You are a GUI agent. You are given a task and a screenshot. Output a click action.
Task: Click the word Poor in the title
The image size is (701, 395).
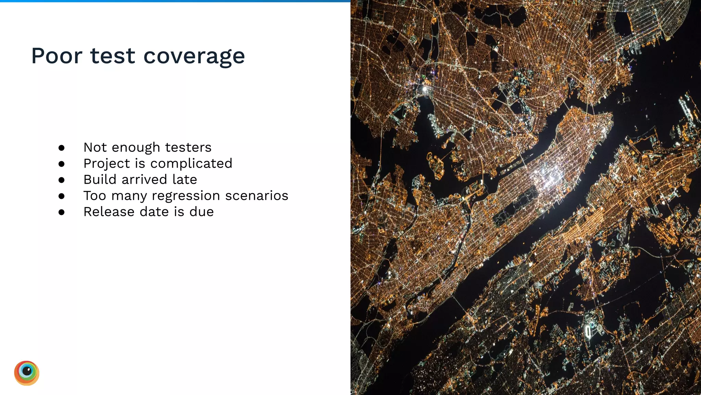click(57, 56)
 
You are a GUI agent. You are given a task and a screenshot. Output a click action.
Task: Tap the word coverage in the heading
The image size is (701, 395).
click(194, 57)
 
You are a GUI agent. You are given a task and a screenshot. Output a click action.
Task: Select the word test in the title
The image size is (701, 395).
click(113, 56)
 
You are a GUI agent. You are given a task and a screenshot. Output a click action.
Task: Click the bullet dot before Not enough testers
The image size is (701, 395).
click(62, 148)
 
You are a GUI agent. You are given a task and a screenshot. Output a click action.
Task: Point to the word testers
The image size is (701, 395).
click(188, 147)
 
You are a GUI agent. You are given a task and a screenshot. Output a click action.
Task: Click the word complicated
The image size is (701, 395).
click(191, 164)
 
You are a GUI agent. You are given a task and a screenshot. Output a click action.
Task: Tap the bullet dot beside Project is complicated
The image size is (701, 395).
click(62, 164)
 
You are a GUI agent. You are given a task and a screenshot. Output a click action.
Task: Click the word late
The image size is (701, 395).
click(185, 180)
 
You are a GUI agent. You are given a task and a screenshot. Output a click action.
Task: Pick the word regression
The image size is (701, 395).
click(186, 196)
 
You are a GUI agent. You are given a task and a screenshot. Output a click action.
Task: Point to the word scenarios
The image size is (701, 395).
click(257, 196)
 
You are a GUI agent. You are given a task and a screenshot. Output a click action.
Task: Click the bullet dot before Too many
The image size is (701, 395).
click(62, 196)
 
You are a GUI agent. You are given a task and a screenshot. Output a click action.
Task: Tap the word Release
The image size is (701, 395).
click(109, 212)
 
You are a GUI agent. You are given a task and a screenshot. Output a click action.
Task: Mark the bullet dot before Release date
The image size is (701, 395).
click(62, 212)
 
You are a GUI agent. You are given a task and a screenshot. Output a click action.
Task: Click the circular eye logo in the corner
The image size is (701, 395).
click(27, 373)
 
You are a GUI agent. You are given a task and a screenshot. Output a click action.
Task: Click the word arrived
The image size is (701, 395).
click(144, 180)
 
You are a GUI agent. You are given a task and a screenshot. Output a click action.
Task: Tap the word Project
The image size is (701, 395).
click(106, 164)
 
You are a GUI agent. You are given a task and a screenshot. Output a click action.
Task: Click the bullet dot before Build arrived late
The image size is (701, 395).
click(62, 180)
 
